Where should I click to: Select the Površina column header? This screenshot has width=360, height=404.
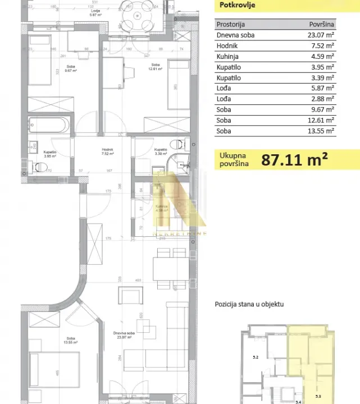[x=322, y=25]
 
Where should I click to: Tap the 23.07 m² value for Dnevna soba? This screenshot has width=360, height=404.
[x=322, y=35]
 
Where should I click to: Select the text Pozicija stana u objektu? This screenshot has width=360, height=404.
[x=249, y=304]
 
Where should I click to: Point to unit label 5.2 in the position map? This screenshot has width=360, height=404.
[x=256, y=356]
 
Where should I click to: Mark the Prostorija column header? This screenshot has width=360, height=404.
[x=231, y=25]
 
